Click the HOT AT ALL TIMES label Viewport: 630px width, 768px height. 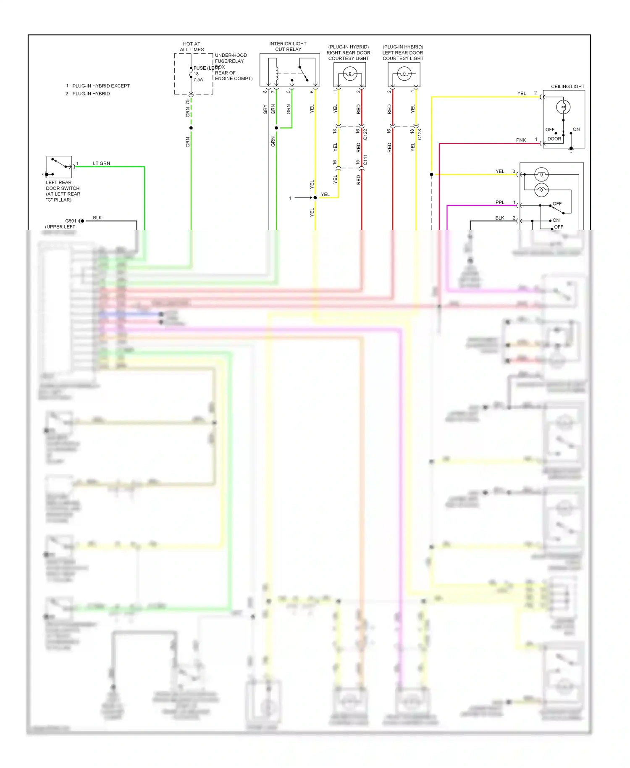point(192,47)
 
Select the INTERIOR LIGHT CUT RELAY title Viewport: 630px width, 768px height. point(288,46)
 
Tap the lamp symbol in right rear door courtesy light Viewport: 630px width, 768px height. point(349,75)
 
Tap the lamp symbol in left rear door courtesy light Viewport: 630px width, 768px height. point(404,75)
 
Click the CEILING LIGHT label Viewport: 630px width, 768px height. point(567,87)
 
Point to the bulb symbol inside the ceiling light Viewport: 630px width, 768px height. point(563,107)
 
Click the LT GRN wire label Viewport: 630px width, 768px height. point(101,163)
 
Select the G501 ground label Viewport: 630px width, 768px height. point(71,221)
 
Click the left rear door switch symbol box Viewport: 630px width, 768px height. point(59,167)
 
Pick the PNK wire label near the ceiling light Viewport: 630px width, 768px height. point(521,140)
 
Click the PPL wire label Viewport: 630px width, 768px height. point(499,203)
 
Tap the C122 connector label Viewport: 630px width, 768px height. point(365,134)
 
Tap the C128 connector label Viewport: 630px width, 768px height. point(420,134)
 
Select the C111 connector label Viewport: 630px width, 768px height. point(365,160)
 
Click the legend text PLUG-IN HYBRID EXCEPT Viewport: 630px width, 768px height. point(101,86)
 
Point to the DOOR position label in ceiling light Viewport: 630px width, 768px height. point(554,139)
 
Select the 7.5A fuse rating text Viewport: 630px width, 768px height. point(198,79)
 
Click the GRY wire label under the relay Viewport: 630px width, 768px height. point(265,109)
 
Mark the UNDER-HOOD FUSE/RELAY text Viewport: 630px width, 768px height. point(231,58)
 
